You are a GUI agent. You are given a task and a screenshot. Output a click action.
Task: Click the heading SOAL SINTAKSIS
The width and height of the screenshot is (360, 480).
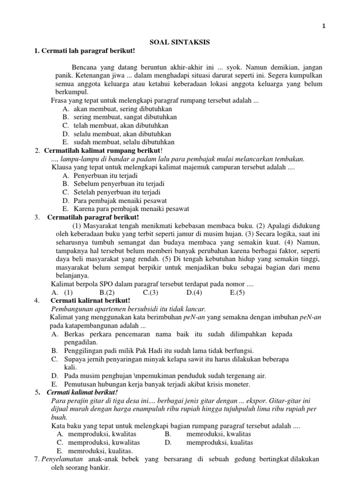180,42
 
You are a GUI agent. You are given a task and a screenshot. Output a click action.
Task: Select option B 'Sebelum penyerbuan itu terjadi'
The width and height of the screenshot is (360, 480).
112,184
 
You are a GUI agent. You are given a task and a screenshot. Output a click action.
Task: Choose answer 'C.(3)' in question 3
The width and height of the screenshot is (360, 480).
150,292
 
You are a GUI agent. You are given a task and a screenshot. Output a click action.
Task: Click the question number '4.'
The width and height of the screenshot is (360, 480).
37,300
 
